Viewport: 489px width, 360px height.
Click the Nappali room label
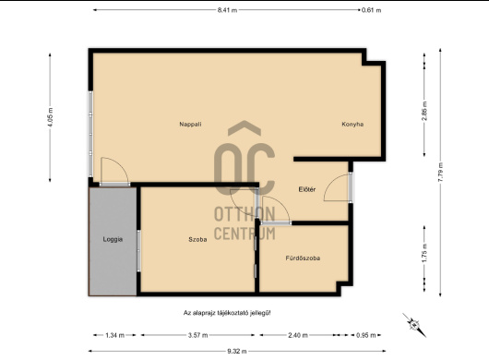pos(190,125)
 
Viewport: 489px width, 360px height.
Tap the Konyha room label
pos(352,125)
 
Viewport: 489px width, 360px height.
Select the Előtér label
pos(307,189)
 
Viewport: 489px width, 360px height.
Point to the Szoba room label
pos(197,240)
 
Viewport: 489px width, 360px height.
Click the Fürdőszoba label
pos(303,258)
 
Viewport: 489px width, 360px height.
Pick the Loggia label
pos(113,239)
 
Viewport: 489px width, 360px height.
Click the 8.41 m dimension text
pos(227,10)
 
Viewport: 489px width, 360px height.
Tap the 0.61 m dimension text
pos(371,10)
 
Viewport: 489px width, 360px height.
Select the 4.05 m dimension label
pos(50,117)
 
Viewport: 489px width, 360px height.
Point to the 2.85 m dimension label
pos(424,112)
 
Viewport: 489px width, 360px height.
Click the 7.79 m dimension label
pos(440,172)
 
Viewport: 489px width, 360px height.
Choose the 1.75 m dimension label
pos(424,253)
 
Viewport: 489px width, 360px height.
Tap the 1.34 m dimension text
pos(114,335)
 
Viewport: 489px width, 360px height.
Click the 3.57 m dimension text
pos(197,335)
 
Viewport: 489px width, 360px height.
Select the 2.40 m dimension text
pos(298,335)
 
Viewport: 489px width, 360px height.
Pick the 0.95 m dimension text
pos(365,335)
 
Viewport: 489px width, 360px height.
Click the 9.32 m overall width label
pos(237,352)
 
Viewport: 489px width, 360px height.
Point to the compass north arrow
pos(414,325)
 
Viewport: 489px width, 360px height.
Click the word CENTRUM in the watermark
pos(244,234)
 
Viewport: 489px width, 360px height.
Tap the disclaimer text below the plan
pos(227,313)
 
